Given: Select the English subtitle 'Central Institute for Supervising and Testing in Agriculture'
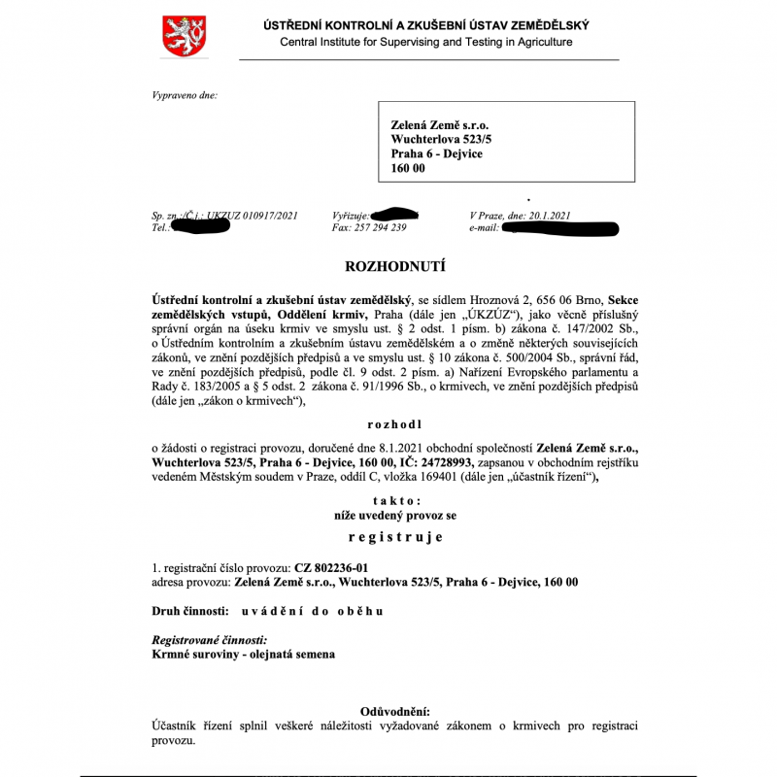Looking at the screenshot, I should (x=426, y=42).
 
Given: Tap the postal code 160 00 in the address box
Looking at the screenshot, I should (x=408, y=168).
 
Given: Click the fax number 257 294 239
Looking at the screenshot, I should (x=384, y=227).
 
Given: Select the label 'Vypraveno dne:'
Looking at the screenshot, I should (x=185, y=95).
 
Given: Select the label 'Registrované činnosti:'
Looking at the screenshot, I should (x=210, y=640).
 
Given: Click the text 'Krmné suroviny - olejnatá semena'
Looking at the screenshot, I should (x=244, y=655).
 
